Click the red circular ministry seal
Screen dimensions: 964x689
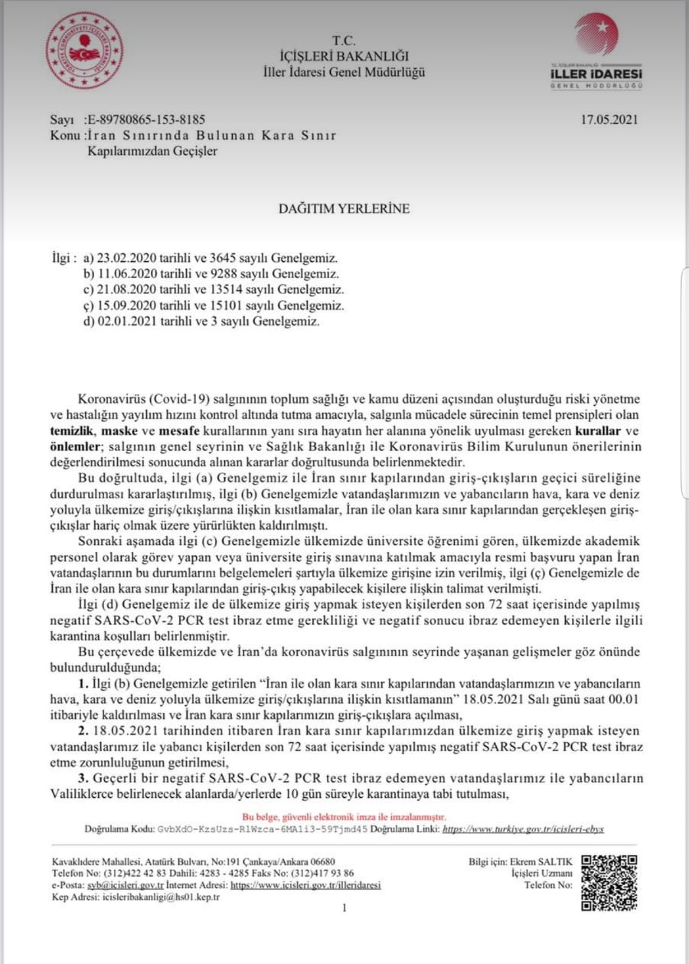(84, 51)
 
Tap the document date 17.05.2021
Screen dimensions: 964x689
(609, 119)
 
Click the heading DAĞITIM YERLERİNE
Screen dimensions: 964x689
(344, 208)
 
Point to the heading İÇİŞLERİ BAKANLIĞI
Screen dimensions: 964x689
(344, 56)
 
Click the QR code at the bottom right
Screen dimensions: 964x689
(609, 882)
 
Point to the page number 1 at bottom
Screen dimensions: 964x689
(344, 908)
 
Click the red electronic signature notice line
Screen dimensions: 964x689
(344, 818)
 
